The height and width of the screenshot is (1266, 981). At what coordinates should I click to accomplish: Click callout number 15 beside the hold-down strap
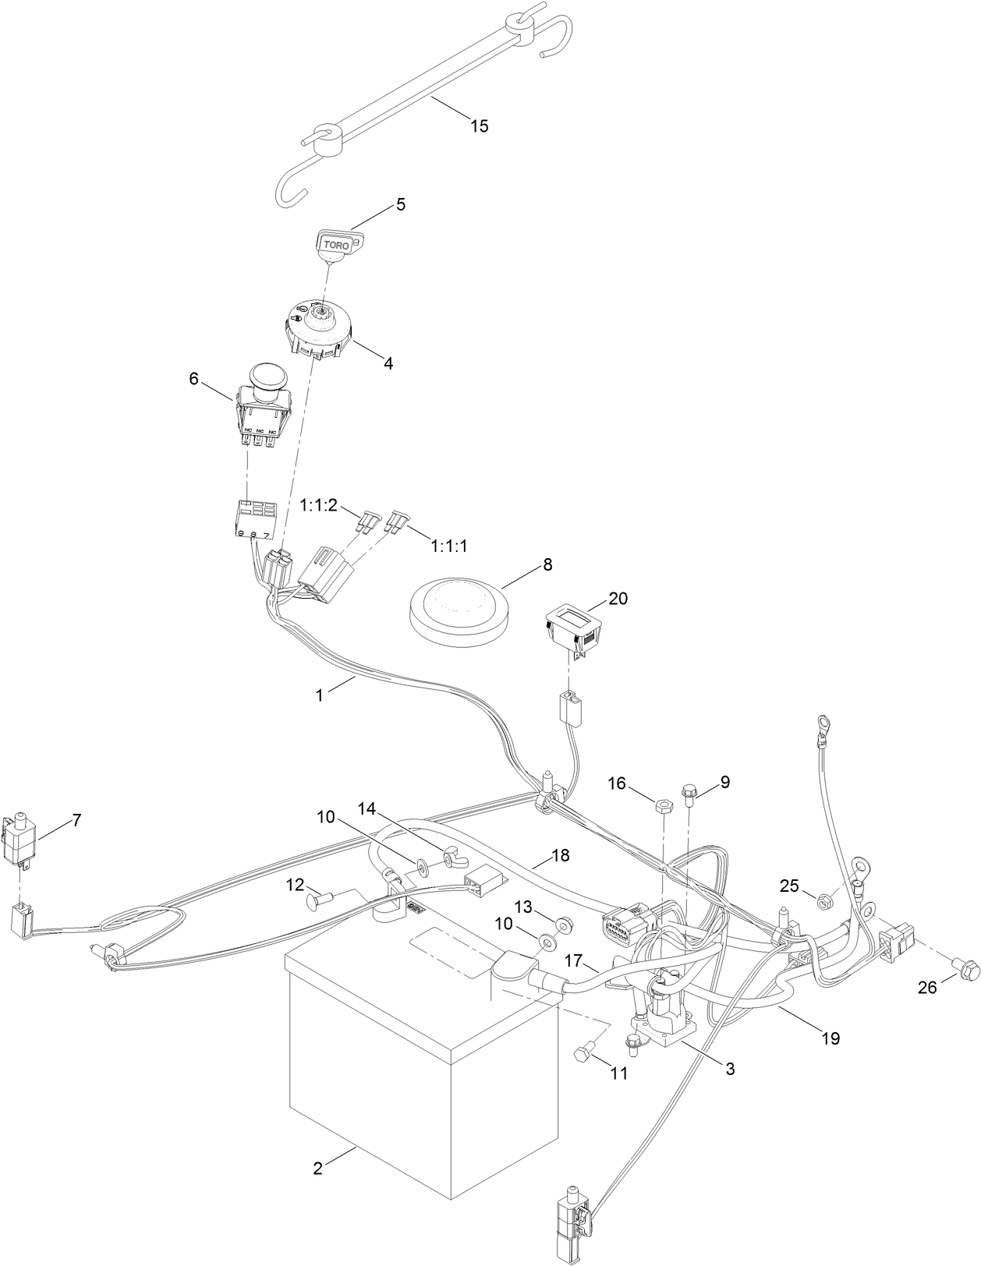480,126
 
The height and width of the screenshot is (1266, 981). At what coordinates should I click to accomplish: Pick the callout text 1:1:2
318,505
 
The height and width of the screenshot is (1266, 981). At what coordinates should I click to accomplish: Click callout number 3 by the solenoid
730,1070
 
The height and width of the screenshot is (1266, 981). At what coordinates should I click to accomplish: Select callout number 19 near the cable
831,1038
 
